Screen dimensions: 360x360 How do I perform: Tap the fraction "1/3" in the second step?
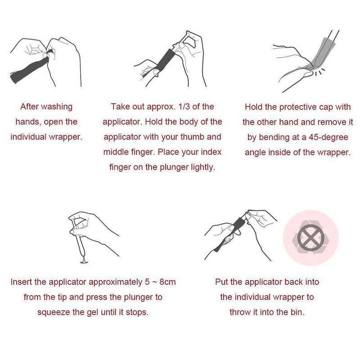pos(184,107)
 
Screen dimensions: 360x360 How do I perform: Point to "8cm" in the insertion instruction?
pos(167,282)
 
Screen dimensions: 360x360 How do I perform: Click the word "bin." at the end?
pos(297,312)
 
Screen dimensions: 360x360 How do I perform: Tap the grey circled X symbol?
pos(311,238)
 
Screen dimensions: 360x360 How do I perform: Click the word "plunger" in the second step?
pos(174,167)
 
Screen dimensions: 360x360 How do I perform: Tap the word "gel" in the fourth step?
pos(93,313)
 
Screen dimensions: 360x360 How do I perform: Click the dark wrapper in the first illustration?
pos(29,70)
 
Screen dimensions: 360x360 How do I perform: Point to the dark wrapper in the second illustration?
pos(165,60)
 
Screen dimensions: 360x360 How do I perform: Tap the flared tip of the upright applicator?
pos(84,262)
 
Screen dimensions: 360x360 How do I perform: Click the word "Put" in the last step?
pos(221,282)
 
